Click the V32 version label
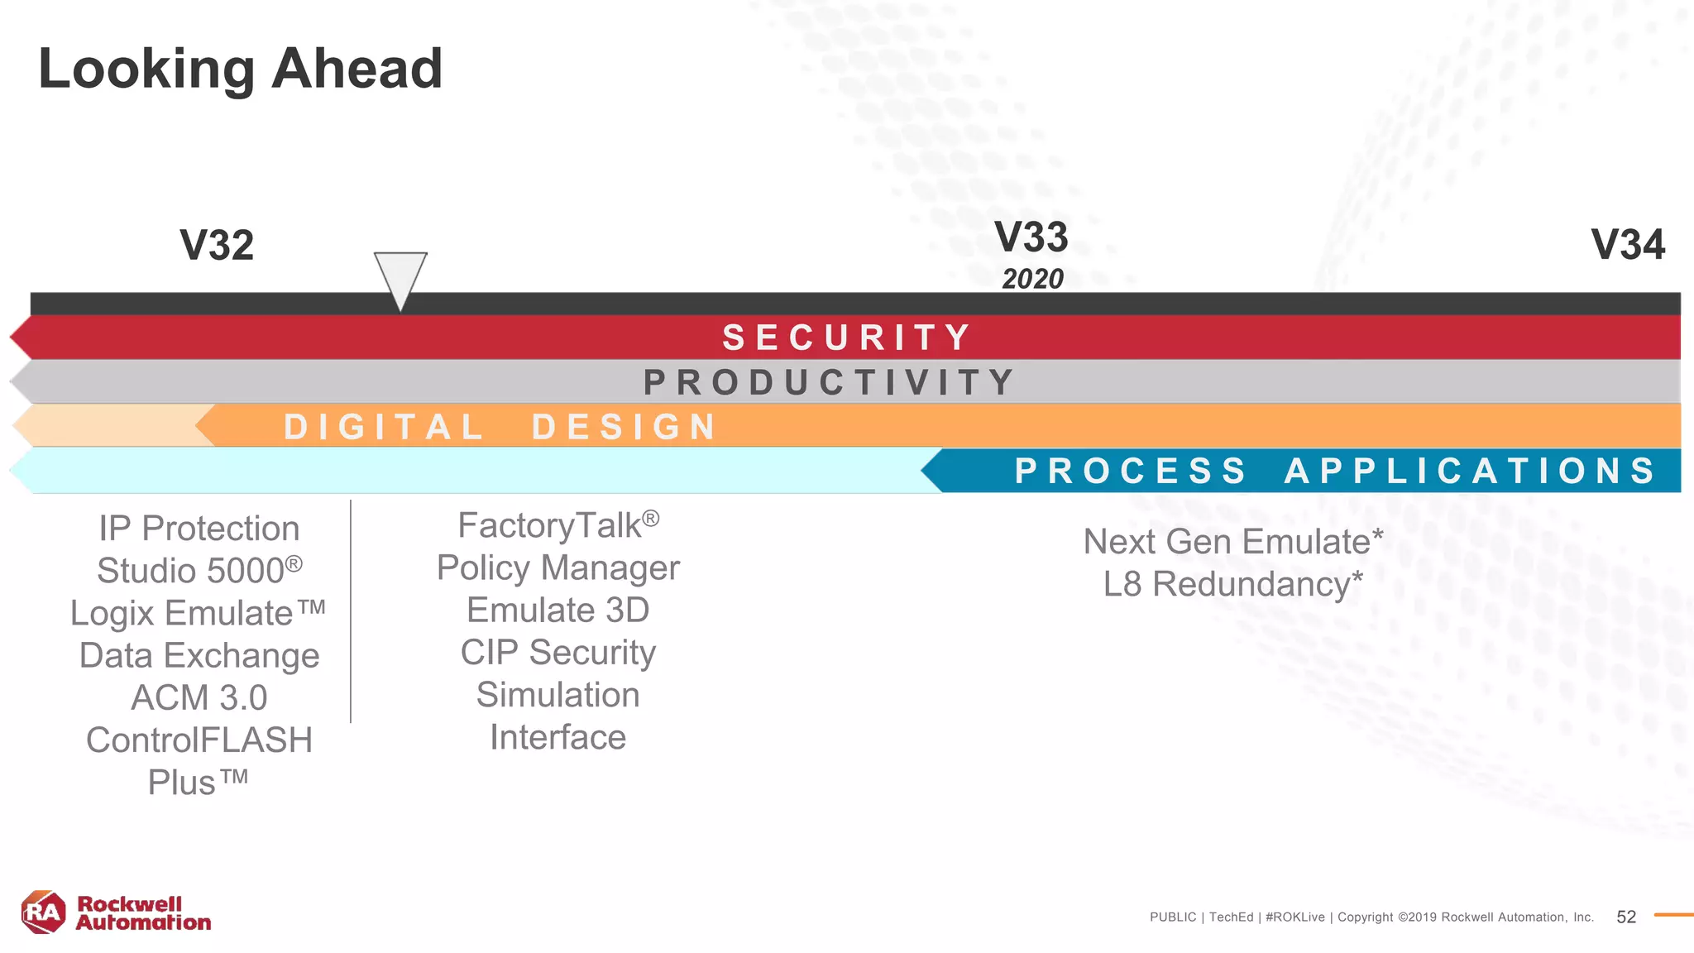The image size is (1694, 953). (x=217, y=246)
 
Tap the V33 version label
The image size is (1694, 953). (x=1031, y=237)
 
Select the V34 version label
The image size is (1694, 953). (x=1628, y=245)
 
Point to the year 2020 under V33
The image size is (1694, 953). (x=1032, y=280)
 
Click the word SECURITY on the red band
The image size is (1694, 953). (x=847, y=338)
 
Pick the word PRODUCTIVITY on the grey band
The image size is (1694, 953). (x=830, y=382)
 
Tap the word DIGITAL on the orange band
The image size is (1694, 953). (x=384, y=427)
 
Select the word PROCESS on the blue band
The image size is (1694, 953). (x=1131, y=471)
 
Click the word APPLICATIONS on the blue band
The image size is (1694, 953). (x=1470, y=471)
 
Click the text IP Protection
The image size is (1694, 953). (x=199, y=529)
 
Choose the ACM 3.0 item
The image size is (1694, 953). (x=199, y=697)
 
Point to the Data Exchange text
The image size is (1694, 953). (x=199, y=655)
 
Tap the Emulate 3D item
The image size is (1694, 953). (x=557, y=611)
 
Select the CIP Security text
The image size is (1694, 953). (x=557, y=653)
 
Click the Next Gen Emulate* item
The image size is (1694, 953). (x=1232, y=542)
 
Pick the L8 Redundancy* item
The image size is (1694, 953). (x=1232, y=584)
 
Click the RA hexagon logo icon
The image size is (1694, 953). (x=43, y=912)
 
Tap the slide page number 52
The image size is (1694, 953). (x=1626, y=917)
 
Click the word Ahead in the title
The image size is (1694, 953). (x=357, y=68)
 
